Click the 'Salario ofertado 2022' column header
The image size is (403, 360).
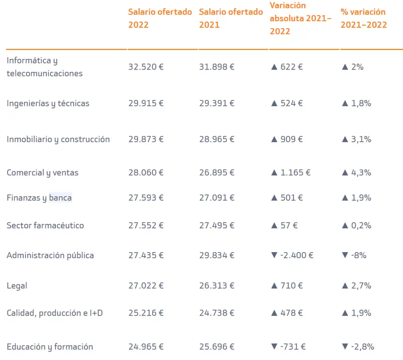160,18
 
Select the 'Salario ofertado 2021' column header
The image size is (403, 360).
231,18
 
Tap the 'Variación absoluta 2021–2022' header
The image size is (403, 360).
301,18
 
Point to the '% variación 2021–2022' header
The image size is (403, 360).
363,18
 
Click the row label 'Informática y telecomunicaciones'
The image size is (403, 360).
44,67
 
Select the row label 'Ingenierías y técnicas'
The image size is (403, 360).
48,103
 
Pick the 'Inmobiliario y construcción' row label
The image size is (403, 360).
58,139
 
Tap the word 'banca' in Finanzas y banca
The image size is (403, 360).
60,198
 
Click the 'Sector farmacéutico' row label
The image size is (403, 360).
45,225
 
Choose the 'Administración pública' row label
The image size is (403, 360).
50,255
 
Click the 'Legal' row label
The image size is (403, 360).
17,286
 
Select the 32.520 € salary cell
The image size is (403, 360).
146,67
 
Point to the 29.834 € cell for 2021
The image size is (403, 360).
217,255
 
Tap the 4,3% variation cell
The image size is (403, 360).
361,172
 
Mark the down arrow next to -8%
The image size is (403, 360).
345,256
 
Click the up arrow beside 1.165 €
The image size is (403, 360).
274,172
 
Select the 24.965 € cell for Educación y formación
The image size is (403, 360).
146,346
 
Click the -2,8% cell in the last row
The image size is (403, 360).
362,346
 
